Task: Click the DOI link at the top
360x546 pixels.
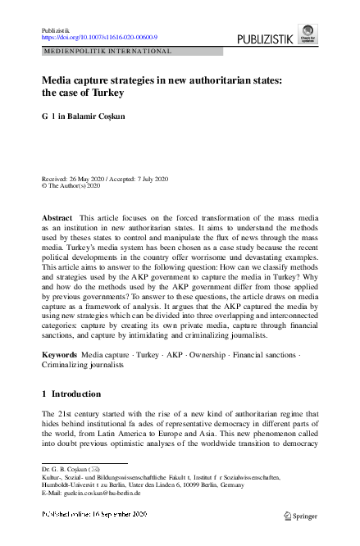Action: (x=99, y=37)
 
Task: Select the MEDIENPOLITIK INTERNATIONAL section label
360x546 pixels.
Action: (x=107, y=51)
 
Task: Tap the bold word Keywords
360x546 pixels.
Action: (x=59, y=354)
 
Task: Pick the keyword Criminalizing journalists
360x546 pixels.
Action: (x=83, y=365)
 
